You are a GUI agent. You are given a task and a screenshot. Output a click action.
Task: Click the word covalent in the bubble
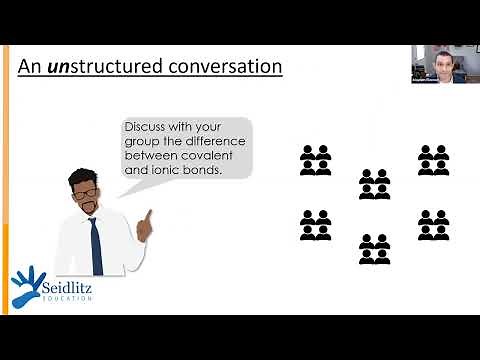[214, 156]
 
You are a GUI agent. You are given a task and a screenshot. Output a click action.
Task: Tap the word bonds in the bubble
[200, 170]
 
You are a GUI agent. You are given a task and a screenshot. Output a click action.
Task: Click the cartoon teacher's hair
[82, 175]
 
